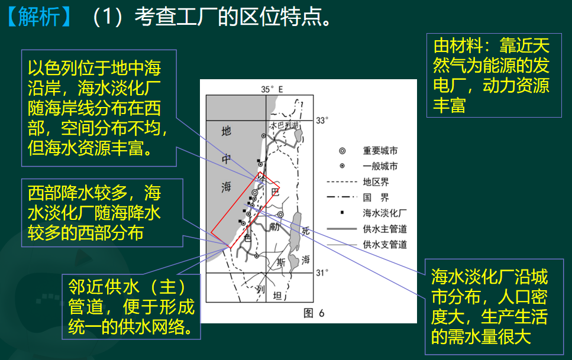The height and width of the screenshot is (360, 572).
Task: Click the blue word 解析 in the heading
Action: click(39, 17)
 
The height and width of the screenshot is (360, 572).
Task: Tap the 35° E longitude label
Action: click(272, 89)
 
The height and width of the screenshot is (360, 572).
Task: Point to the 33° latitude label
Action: click(322, 120)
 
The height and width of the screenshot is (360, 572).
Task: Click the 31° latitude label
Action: click(322, 273)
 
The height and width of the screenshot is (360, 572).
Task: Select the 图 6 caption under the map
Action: click(314, 313)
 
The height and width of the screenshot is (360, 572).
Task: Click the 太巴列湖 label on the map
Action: click(284, 125)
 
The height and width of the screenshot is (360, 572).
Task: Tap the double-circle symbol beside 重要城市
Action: click(342, 151)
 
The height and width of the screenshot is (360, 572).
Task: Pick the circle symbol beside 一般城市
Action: click(342, 166)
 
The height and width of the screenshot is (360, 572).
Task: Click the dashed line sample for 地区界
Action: click(342, 181)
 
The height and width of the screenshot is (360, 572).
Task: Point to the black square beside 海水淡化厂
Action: click(342, 212)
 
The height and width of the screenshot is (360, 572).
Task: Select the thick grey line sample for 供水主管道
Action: click(342, 229)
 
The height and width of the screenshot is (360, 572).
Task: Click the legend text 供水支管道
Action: click(385, 244)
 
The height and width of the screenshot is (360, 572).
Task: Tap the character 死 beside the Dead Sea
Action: click(306, 231)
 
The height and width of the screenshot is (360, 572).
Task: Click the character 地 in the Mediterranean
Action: click(226, 131)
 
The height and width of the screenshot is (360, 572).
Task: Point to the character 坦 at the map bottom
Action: click(277, 295)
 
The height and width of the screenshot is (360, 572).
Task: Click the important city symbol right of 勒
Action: click(280, 215)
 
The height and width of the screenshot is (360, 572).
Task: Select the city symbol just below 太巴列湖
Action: click(263, 136)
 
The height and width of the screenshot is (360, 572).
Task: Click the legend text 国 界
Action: click(376, 197)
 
